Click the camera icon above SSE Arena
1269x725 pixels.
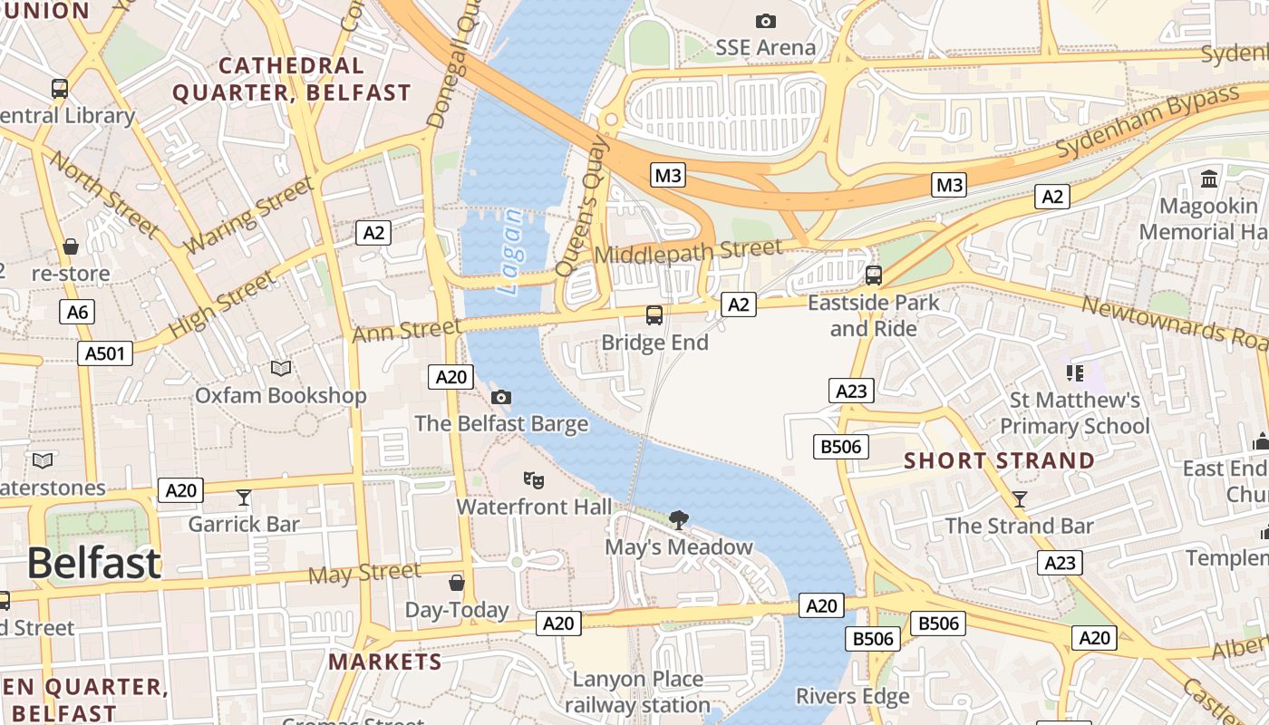(765, 21)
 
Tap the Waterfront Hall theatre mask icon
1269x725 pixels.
(533, 478)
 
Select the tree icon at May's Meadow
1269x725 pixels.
(677, 519)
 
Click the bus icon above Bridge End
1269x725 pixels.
(654, 315)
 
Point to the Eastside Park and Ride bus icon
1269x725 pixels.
(874, 275)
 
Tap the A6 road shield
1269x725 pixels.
(77, 313)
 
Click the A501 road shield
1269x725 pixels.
(105, 353)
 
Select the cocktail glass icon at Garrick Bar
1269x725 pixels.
(243, 497)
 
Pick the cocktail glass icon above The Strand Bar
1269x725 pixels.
(1020, 498)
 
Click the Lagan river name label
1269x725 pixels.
(512, 251)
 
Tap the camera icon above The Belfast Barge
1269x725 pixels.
(500, 397)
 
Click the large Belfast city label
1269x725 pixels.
(93, 563)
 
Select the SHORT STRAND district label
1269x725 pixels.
(999, 460)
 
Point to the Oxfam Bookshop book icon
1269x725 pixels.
(281, 368)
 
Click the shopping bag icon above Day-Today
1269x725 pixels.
(457, 582)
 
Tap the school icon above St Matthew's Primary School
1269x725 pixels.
(1075, 372)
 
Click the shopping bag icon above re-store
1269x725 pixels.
(70, 246)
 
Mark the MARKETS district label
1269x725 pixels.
(385, 662)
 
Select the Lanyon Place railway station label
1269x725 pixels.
(637, 691)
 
